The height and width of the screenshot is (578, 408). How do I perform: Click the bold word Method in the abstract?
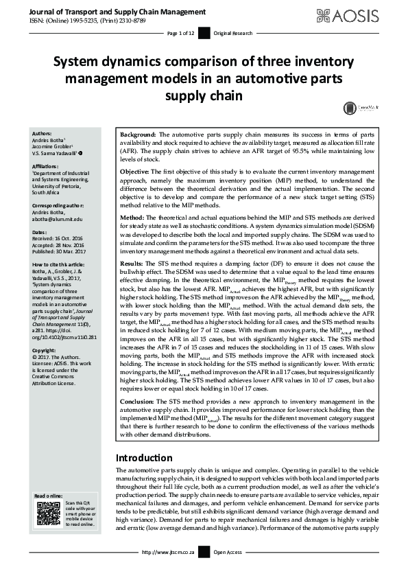pyautogui.click(x=133, y=217)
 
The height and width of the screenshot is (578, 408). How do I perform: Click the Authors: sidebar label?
pyautogui.click(x=43, y=133)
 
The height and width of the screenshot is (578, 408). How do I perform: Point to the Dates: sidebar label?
pyautogui.click(x=40, y=232)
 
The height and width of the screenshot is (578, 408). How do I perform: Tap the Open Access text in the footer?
pyautogui.click(x=228, y=571)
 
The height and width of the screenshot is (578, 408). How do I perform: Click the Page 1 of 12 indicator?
pyautogui.click(x=181, y=33)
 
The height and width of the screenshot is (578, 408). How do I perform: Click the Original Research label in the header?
pyautogui.click(x=232, y=33)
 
